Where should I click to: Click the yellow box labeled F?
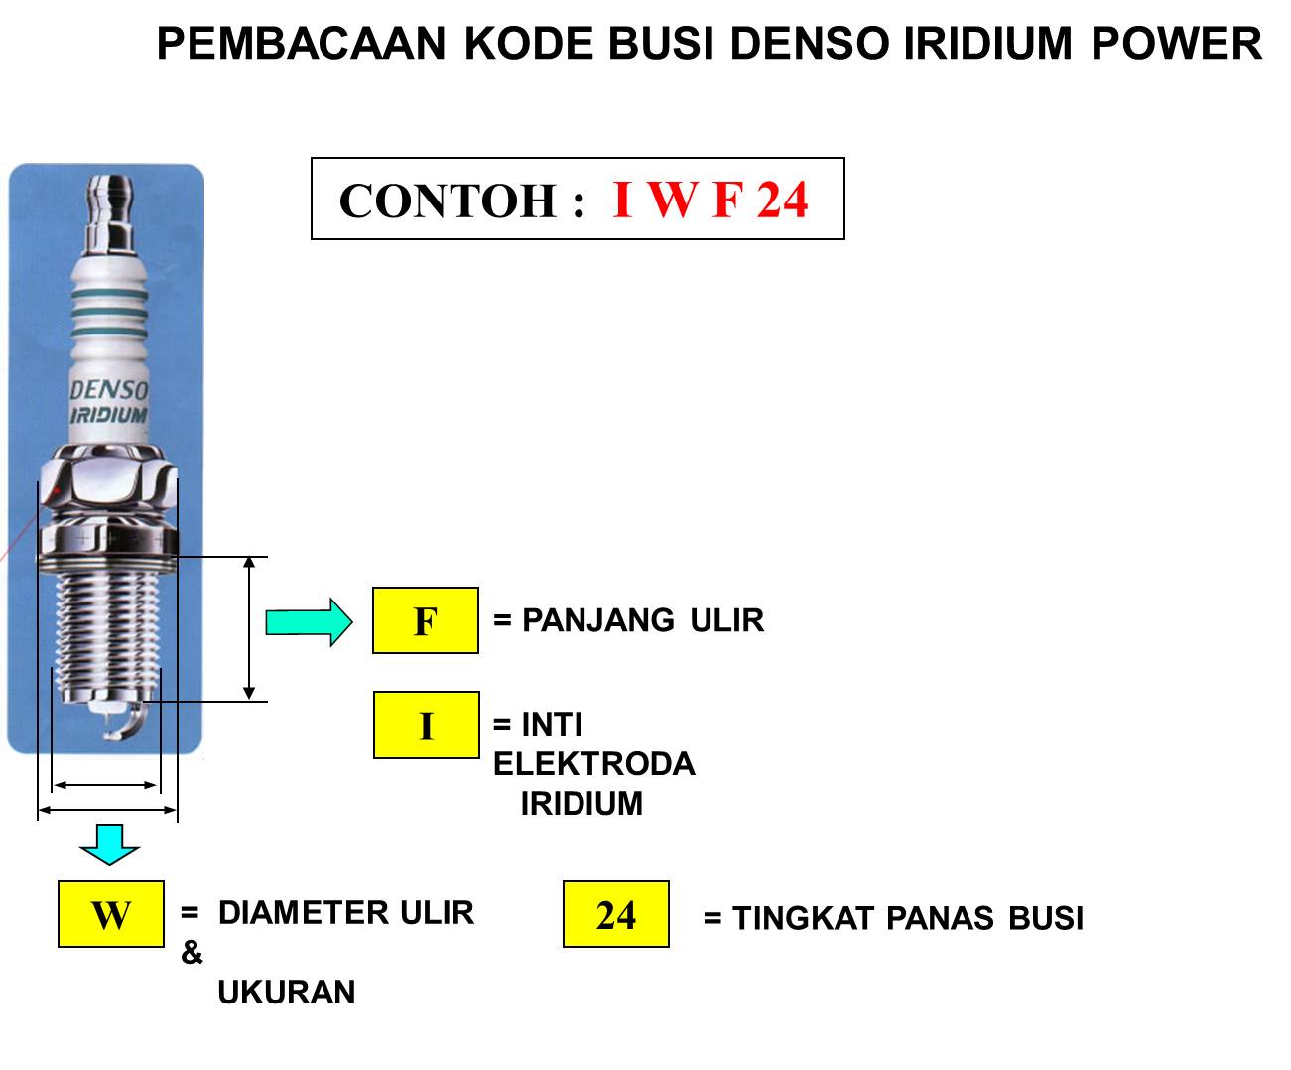425,620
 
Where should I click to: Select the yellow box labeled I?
426,726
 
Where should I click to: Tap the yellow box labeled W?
110,913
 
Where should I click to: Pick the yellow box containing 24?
615,913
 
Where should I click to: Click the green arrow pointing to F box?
309,622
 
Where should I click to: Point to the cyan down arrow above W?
109,843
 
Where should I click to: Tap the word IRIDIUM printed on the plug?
108,415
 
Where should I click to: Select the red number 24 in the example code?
783,200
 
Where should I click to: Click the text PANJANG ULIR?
642,620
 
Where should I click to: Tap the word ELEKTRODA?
594,764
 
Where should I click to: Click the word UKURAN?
287,992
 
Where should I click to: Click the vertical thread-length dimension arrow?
250,627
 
